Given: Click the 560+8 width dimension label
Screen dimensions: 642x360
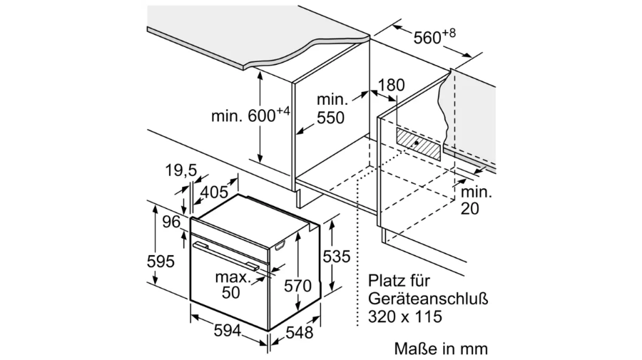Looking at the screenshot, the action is (x=434, y=37).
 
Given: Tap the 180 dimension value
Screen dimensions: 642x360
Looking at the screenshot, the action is (x=391, y=85).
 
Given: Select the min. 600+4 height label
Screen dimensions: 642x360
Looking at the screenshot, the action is (x=250, y=115).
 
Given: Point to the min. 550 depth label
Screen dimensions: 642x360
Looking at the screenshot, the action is (x=332, y=109).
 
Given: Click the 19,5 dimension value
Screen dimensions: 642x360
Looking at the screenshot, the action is (x=181, y=170).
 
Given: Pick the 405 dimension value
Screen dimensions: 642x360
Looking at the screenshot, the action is (x=215, y=192).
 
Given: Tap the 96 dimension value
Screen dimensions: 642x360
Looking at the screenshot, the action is (x=171, y=222).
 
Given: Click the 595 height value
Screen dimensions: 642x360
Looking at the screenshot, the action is (x=160, y=262).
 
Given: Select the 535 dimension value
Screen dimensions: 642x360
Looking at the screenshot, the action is (x=337, y=257).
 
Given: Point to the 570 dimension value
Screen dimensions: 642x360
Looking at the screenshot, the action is (x=298, y=286).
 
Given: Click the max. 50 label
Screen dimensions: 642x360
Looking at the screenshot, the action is (x=232, y=284).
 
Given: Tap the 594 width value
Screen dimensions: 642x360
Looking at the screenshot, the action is (x=228, y=331).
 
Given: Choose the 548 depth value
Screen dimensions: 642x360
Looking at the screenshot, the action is (x=300, y=333).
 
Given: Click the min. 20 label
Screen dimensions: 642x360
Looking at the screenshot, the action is (x=476, y=200).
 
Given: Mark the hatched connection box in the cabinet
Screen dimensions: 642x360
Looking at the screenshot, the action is (x=418, y=143).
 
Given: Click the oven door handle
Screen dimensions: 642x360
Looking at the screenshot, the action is (x=226, y=256).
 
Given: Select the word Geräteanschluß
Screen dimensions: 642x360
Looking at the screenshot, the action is (x=428, y=299).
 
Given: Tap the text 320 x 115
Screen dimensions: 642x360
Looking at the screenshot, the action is (x=405, y=317).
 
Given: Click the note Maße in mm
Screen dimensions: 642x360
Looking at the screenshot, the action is (x=441, y=349).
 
